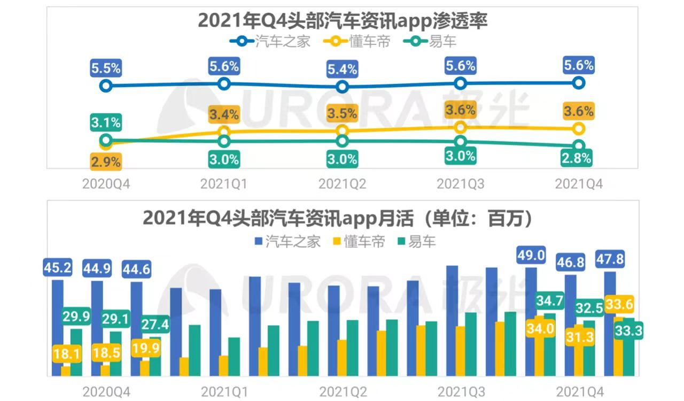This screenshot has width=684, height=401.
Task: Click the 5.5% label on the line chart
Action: [x=106, y=68]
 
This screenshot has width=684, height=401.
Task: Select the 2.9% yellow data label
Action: [x=106, y=161]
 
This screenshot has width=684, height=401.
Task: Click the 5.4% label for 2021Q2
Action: [x=343, y=69]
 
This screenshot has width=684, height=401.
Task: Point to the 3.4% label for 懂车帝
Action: [x=224, y=114]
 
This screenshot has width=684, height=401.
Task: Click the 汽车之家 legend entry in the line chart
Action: [x=271, y=41]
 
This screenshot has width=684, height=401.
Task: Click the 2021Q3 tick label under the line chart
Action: [x=461, y=184]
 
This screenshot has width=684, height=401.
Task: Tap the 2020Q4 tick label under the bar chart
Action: [x=106, y=392]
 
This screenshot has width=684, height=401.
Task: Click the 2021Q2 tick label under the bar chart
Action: [x=343, y=392]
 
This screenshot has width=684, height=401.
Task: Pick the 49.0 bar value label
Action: [x=531, y=256]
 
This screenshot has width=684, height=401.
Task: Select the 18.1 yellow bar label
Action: [x=67, y=354]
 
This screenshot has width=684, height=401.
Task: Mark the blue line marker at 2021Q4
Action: [x=578, y=83]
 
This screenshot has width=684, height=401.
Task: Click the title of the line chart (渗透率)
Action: [x=343, y=20]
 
